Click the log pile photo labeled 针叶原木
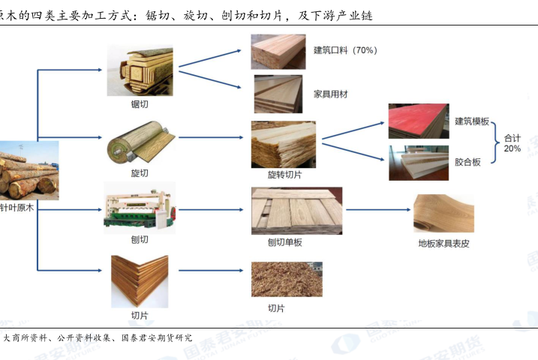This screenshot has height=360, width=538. click(x=29, y=170)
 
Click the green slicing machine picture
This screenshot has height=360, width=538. click(x=140, y=208)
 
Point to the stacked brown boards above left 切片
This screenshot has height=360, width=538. click(x=140, y=281)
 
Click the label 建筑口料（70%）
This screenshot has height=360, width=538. click(x=345, y=51)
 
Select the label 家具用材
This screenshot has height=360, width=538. click(x=331, y=94)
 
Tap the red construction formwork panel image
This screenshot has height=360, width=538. click(x=418, y=121)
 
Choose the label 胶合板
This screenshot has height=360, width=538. click(x=467, y=162)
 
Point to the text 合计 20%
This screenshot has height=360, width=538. click(x=512, y=143)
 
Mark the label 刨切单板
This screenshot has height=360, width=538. click(x=285, y=242)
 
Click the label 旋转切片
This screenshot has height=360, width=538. click(x=285, y=175)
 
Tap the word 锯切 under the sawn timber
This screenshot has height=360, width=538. click(x=140, y=103)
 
